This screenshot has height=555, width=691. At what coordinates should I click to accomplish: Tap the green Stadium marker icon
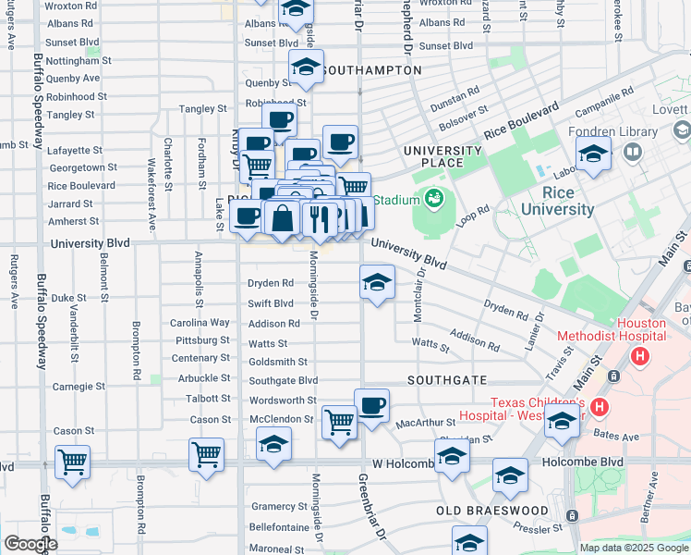(x=433, y=198)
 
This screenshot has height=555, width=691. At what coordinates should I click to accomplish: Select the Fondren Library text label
(x=605, y=131)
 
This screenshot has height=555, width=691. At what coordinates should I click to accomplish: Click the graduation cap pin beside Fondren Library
(x=593, y=154)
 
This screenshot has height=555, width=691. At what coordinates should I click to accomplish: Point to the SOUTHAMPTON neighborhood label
(x=373, y=70)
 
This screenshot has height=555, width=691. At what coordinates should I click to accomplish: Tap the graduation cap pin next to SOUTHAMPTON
(x=306, y=67)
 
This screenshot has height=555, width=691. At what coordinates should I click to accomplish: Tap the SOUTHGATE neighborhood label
(x=447, y=380)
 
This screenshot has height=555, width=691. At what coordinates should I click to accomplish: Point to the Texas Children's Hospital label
(x=537, y=410)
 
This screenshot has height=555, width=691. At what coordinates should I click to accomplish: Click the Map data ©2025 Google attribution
(x=633, y=548)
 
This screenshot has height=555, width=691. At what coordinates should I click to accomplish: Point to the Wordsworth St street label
(x=283, y=401)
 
